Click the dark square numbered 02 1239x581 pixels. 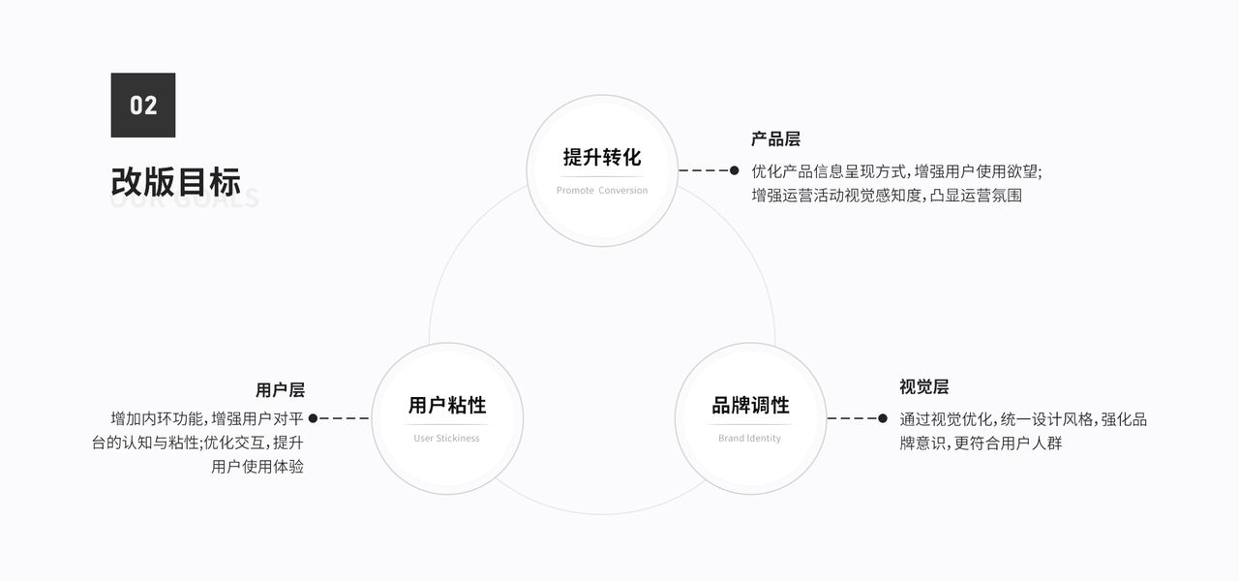pos(143,105)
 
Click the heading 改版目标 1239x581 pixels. pos(175,182)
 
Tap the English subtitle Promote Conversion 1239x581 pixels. pos(602,191)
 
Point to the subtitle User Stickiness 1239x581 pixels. pos(447,439)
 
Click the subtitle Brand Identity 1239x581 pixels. pos(750,439)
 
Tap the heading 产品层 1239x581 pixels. pos(775,139)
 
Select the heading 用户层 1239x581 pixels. pos(280,390)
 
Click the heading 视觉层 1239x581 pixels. pos(923,387)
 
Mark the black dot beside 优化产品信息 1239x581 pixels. pos(734,170)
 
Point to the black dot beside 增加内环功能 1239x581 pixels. pos(313,418)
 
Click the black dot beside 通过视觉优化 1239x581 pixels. pos(882,418)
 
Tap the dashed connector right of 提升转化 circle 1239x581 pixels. pos(704,170)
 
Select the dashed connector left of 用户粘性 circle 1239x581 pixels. pos(344,418)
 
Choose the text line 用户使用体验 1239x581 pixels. pos(257,467)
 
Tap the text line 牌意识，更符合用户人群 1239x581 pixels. pos(981,443)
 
